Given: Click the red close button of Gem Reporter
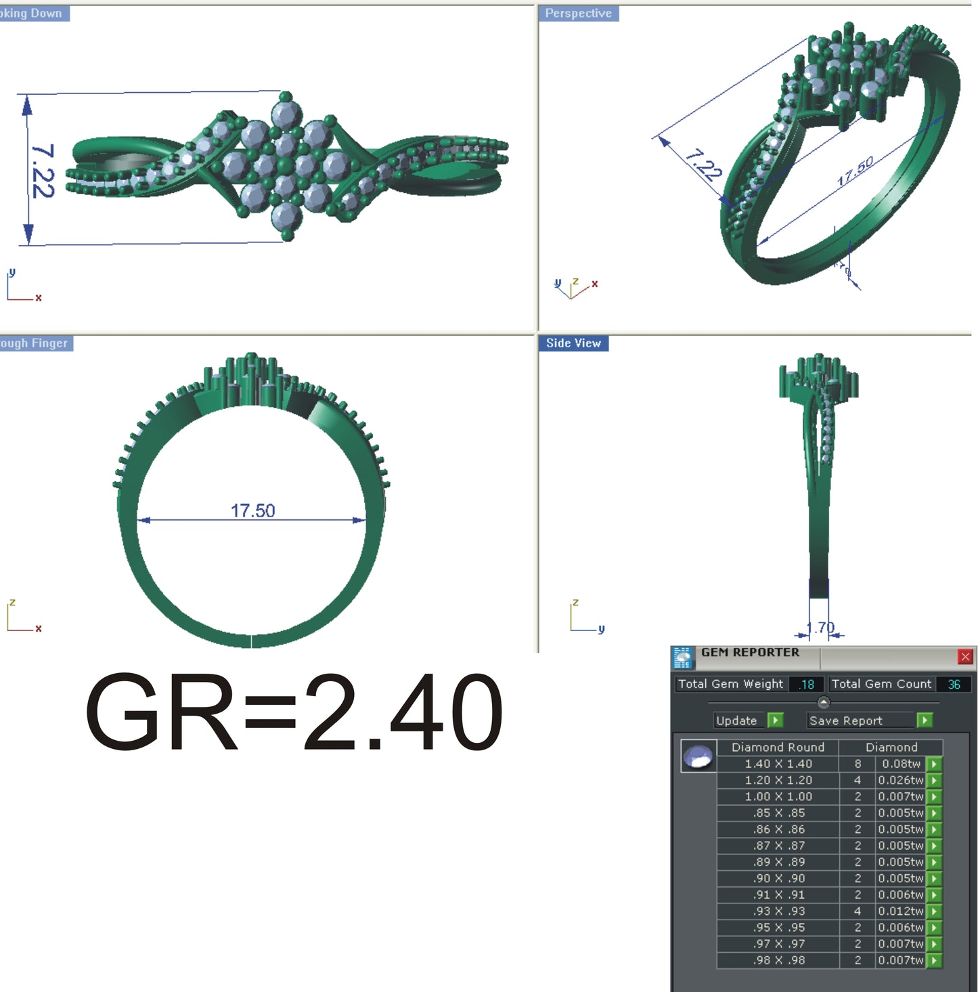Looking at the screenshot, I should tap(965, 656).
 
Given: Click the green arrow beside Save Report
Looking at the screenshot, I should tap(924, 720).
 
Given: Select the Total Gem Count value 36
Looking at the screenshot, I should tap(954, 685).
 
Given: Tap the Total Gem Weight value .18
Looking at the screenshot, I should tap(806, 685).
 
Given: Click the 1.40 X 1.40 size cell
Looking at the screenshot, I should tap(778, 764).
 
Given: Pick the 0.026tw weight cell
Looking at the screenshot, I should tap(900, 780).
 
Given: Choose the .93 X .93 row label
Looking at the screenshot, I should tap(778, 911).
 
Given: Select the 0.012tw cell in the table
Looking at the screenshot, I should tap(900, 911).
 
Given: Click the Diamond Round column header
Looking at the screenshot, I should tap(778, 748).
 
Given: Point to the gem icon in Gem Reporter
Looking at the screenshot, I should tap(698, 757).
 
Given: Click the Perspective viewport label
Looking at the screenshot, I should tap(578, 14).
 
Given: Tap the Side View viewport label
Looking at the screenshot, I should tap(573, 343).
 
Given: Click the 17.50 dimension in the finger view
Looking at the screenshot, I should tap(252, 511).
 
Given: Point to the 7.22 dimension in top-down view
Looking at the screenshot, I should tap(42, 171).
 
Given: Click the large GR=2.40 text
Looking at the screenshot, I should tap(294, 712).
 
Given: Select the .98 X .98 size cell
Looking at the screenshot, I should tap(778, 960).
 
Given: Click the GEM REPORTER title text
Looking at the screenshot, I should tap(750, 653).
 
